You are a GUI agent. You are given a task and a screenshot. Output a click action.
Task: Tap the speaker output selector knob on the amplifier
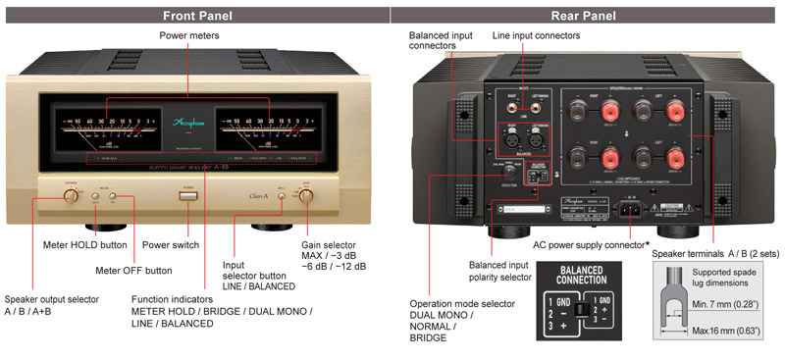pos(72,196)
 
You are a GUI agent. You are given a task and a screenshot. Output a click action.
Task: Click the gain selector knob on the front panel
pos(306,196)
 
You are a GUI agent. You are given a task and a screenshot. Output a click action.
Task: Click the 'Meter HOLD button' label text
pos(85,244)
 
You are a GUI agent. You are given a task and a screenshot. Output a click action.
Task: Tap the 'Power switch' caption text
pos(172,244)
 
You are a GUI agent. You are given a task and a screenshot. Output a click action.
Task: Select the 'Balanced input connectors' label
pos(443,41)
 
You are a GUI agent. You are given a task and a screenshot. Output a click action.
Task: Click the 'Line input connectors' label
pos(536,35)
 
